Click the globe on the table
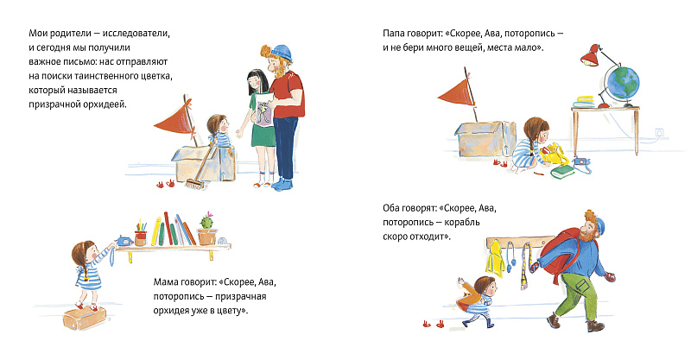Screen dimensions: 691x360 [622, 83]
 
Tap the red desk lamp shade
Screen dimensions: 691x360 [589, 55]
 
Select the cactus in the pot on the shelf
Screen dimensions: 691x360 [206, 221]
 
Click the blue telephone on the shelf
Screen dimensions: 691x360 [124, 241]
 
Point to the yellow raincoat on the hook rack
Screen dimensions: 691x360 [495, 259]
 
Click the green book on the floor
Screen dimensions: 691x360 [563, 171]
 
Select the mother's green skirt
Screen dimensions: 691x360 [263, 136]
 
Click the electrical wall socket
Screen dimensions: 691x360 [659, 132]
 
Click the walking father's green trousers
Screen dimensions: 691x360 [578, 294]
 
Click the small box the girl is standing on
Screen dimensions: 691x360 [85, 318]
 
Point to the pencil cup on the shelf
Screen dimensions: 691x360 [141, 237]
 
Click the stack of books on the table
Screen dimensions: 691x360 [585, 102]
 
